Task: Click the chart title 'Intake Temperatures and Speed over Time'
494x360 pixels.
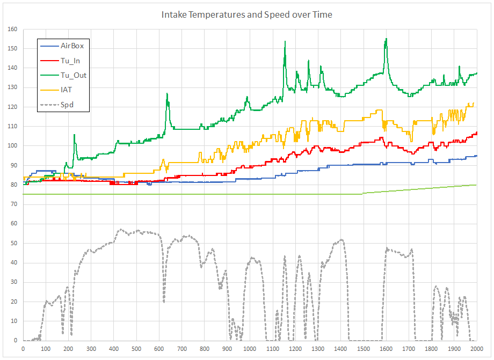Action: (247, 14)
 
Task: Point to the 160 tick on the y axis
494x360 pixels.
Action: (12, 29)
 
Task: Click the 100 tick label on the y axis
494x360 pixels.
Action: (12, 146)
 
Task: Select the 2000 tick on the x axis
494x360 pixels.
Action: (476, 348)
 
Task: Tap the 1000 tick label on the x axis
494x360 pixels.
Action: (249, 348)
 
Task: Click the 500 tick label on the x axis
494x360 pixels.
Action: (136, 348)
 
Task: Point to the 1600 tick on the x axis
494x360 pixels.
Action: (386, 348)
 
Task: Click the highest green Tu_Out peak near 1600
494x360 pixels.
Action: (386, 39)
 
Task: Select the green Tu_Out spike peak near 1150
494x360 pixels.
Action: (285, 41)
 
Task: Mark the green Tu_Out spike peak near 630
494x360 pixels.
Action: (167, 94)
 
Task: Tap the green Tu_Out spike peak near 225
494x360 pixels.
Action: (74, 135)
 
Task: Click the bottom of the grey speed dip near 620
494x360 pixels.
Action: (164, 302)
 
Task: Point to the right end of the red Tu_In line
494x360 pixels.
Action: (477, 132)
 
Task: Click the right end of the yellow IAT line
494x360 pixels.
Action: (473, 103)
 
